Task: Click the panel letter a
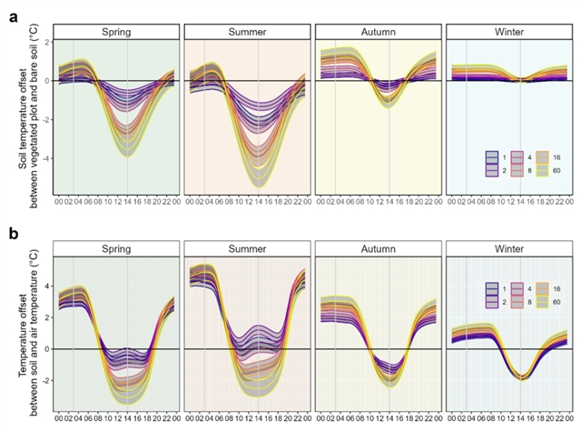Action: coord(13,15)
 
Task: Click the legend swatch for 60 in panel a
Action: coord(532,170)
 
